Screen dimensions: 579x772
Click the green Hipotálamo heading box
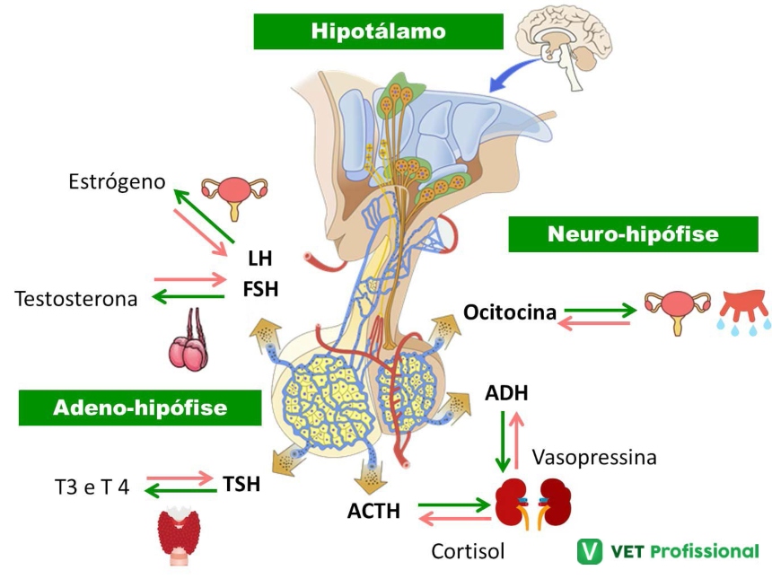(378, 31)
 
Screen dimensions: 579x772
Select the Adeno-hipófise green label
(140, 408)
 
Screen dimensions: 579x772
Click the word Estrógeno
(118, 182)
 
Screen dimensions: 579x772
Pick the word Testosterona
(76, 299)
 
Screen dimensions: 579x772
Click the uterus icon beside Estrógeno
(234, 195)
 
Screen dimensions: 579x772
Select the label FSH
(260, 289)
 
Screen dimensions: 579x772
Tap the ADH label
(506, 392)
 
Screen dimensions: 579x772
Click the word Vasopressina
(593, 457)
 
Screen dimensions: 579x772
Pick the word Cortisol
(468, 550)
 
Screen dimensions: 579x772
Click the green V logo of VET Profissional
(590, 550)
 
